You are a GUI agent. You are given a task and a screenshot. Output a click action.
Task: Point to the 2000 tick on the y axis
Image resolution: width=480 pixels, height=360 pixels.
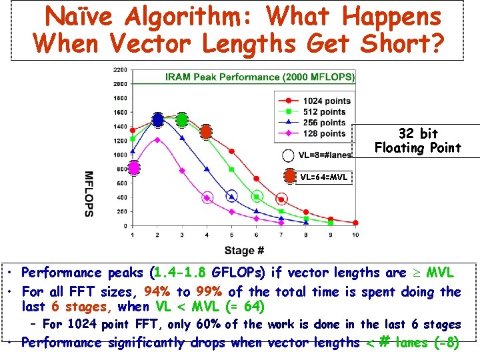tap(120, 84)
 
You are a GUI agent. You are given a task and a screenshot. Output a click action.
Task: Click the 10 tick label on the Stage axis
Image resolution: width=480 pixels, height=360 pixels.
tap(355, 235)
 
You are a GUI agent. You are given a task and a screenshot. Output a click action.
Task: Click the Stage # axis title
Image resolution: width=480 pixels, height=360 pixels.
tap(244, 251)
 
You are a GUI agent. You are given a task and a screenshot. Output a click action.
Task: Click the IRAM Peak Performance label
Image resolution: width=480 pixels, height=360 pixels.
tap(260, 77)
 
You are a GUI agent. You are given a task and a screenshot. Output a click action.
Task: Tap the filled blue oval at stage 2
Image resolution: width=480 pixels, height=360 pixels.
tap(158, 120)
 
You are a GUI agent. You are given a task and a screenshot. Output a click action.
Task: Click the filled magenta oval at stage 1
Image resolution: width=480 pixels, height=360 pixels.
tap(133, 168)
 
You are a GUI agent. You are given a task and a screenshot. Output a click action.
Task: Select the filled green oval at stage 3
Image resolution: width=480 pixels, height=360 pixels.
tap(182, 120)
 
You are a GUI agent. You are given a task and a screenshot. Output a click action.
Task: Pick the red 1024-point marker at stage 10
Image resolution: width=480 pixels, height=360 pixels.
tap(355, 223)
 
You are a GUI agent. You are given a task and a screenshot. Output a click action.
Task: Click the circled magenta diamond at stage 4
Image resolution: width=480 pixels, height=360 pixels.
tap(207, 197)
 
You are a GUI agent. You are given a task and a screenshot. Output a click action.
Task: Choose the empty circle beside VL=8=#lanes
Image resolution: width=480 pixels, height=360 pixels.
tap(288, 156)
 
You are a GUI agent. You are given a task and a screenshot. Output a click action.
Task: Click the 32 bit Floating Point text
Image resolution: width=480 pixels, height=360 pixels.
tap(417, 141)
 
